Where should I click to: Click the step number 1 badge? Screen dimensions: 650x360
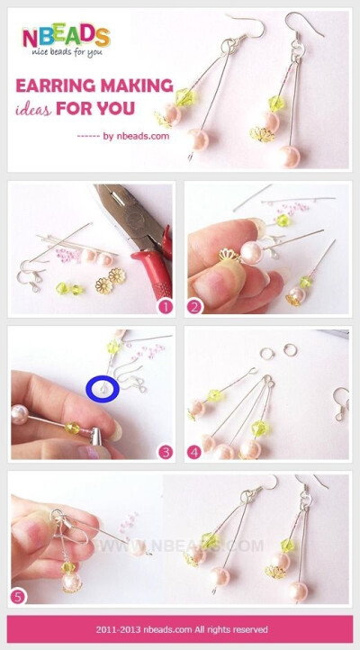(165, 307)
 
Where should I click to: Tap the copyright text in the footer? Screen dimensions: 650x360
(180, 629)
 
